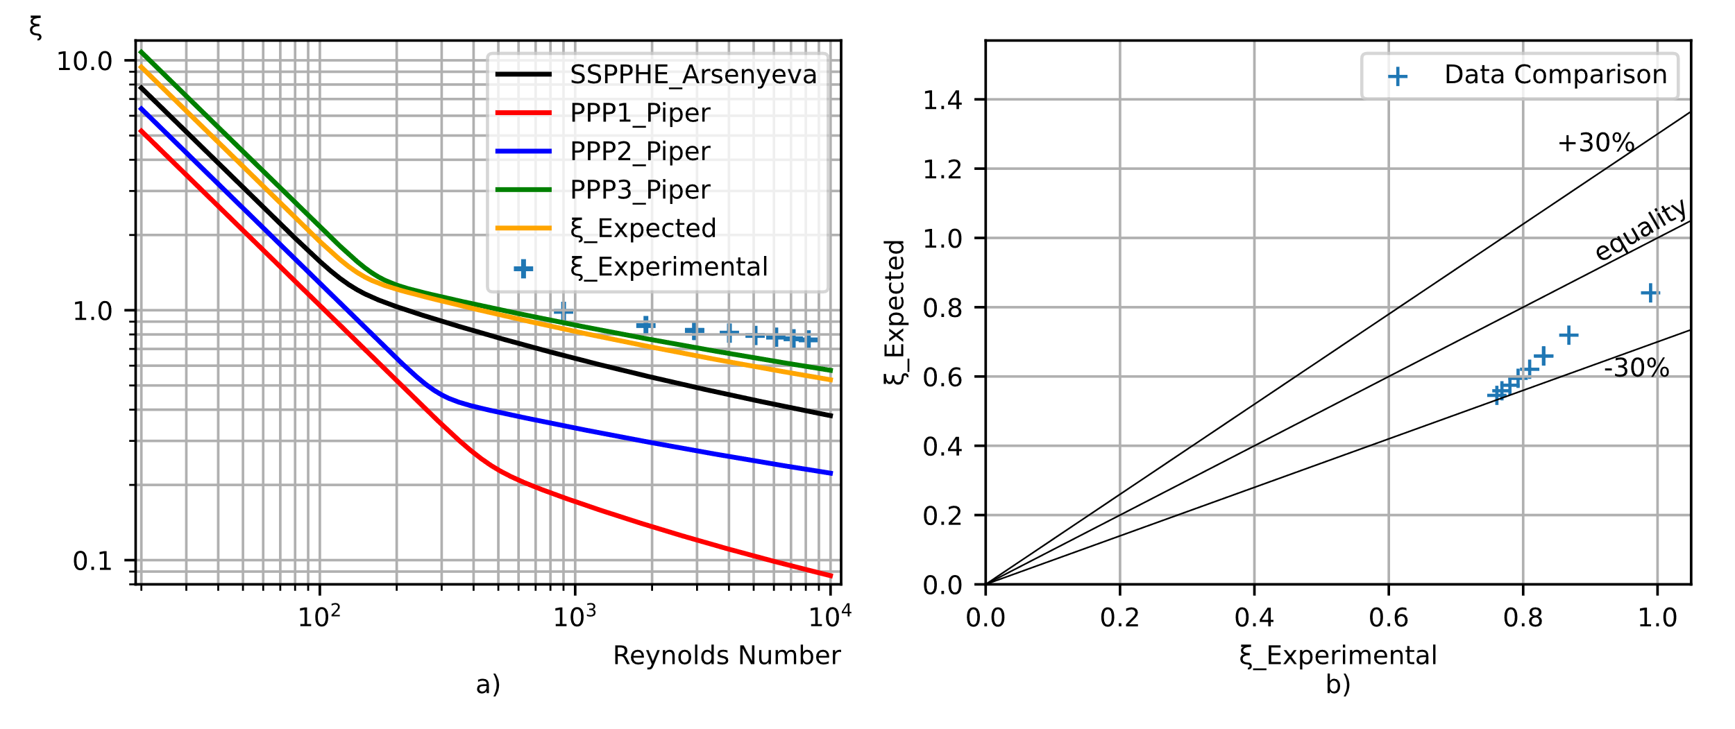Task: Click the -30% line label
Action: click(x=1636, y=368)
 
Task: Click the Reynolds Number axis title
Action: click(x=727, y=655)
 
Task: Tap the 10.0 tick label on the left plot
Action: click(x=84, y=62)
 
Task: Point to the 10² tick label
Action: click(x=319, y=616)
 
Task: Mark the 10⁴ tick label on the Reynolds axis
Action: click(x=830, y=616)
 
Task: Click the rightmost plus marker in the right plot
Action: click(x=1650, y=293)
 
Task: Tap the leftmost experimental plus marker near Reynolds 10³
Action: click(x=564, y=311)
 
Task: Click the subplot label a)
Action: click(x=488, y=685)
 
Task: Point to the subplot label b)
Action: click(x=1338, y=685)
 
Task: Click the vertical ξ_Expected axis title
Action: click(x=895, y=312)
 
